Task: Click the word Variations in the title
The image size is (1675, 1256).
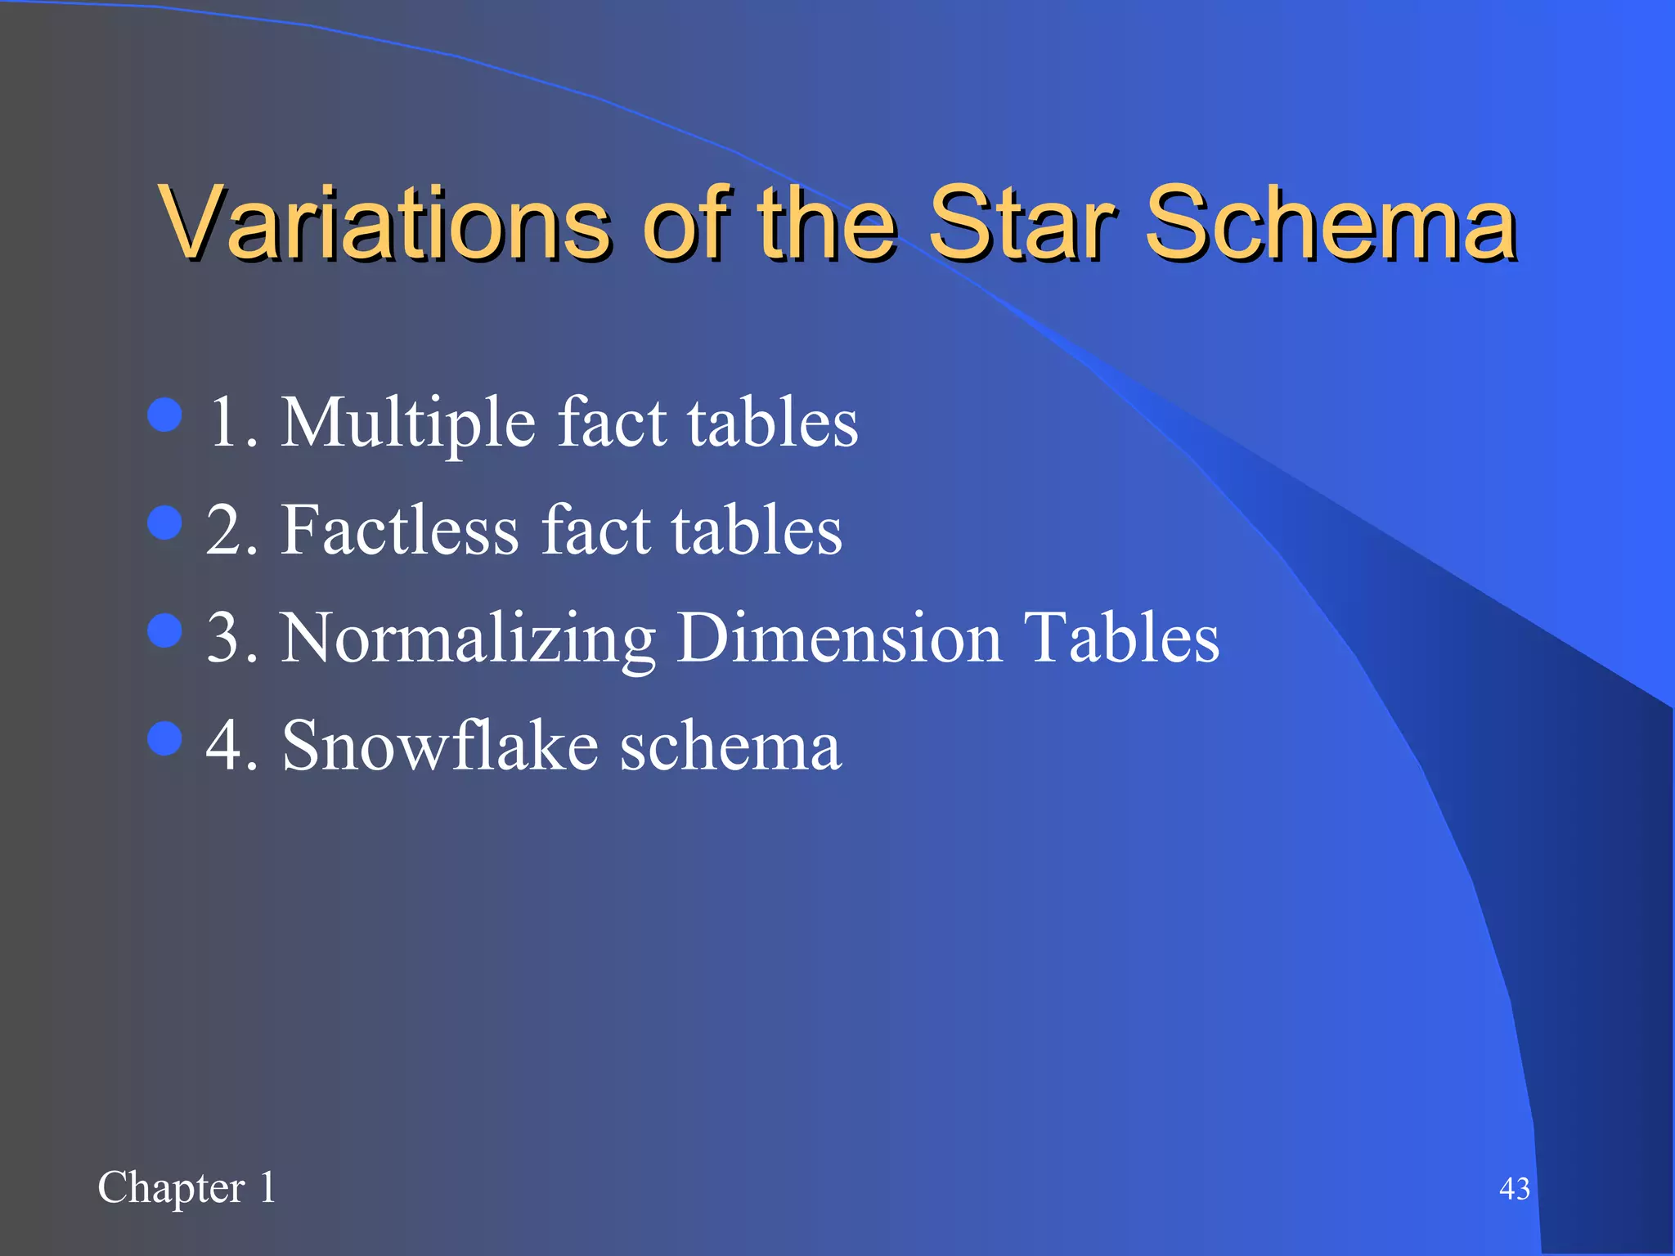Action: [x=384, y=222]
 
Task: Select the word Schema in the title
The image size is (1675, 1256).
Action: [x=1331, y=222]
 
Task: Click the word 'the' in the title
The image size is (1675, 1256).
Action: [x=826, y=222]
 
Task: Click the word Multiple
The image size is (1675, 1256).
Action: [x=408, y=424]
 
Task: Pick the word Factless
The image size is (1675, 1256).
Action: [x=400, y=532]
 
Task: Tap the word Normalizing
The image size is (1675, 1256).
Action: [x=468, y=639]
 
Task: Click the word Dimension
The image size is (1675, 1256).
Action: [x=839, y=638]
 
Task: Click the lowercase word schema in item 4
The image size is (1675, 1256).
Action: [x=730, y=746]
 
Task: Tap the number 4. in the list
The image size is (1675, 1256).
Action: [x=231, y=746]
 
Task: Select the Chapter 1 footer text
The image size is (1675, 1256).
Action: [x=186, y=1187]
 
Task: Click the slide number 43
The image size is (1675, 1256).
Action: [x=1514, y=1189]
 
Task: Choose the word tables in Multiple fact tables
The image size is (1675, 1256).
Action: [x=772, y=424]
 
